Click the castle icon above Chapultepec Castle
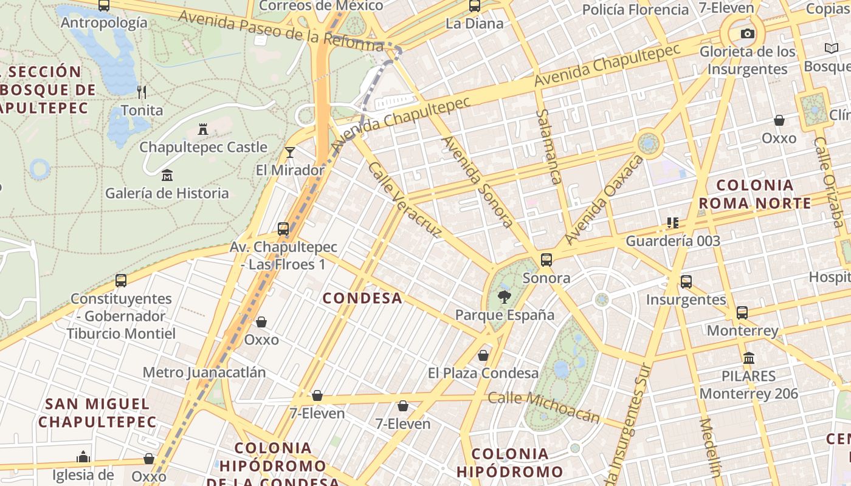203,129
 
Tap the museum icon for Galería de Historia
167,176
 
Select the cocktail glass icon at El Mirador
290,152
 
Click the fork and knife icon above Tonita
142,92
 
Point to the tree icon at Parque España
504,297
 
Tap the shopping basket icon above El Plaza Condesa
483,355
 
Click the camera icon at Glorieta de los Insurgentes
748,34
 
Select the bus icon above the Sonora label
546,260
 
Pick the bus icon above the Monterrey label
742,313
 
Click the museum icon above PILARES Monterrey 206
749,358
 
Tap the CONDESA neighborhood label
362,298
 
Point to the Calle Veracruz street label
405,199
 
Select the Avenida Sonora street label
478,182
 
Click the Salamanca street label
548,146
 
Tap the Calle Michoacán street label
544,406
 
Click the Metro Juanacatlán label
204,372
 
